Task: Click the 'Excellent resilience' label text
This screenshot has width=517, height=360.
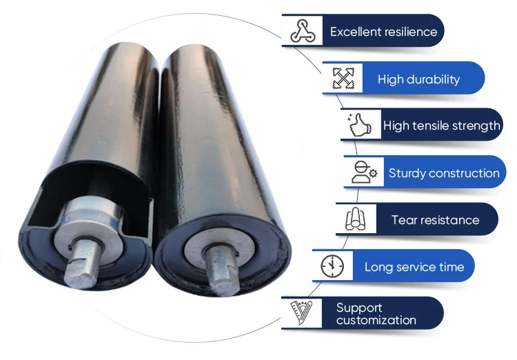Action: click(x=383, y=32)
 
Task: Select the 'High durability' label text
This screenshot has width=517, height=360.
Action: click(x=418, y=79)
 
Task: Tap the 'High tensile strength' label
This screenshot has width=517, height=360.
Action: click(x=441, y=126)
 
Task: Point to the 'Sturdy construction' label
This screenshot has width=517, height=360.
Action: click(x=443, y=173)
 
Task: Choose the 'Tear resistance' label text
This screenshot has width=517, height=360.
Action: click(x=435, y=220)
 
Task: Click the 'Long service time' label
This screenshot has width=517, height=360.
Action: click(x=414, y=267)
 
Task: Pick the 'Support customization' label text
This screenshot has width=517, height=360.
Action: click(x=376, y=314)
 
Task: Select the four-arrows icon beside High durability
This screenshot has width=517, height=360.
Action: click(x=343, y=78)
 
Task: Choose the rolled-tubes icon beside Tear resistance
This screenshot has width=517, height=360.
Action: click(x=356, y=220)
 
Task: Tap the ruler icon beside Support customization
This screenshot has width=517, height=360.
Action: click(x=301, y=313)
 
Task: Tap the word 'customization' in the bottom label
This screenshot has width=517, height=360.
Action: click(x=376, y=320)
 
